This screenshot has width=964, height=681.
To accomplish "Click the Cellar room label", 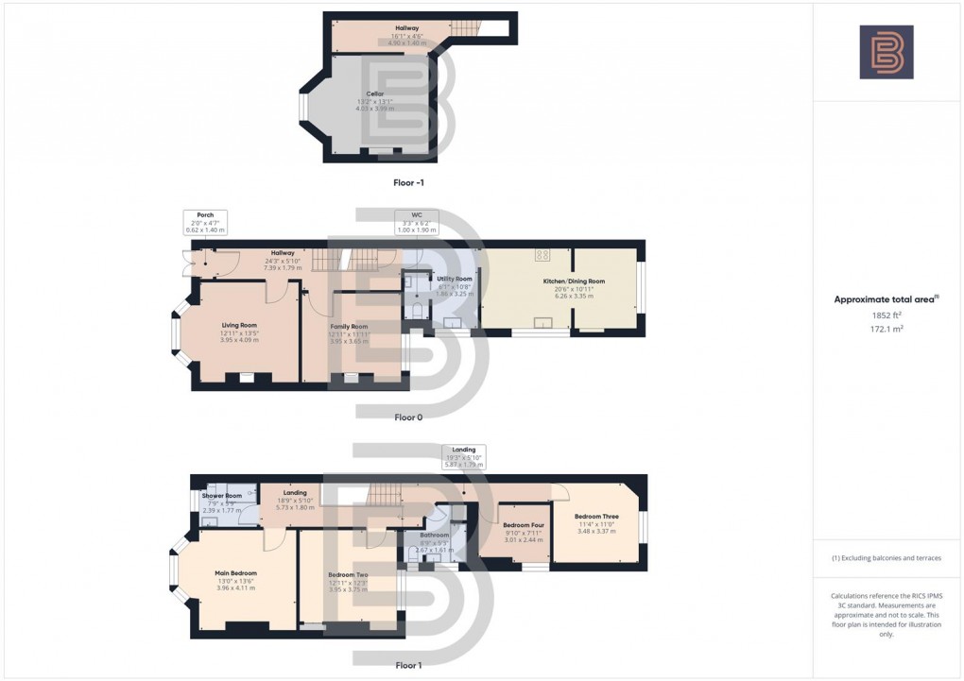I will point(375,94).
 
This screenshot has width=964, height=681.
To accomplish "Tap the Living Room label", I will point(239,325).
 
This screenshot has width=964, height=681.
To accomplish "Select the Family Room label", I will point(349,326).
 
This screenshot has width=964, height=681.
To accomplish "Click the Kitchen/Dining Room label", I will point(574,281).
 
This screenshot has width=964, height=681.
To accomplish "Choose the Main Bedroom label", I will point(236,573).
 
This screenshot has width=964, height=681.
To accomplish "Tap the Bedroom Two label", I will point(349,575).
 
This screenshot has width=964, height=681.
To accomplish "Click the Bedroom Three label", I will point(596,517).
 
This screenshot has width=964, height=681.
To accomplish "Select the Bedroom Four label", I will point(523,525).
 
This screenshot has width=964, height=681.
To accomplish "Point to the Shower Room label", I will point(222,496).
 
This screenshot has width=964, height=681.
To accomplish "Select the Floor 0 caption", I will point(408,417).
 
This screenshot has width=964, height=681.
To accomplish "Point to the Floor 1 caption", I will point(408,665).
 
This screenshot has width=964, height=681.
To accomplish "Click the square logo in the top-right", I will point(887,52).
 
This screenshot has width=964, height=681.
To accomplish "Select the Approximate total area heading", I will point(886,299).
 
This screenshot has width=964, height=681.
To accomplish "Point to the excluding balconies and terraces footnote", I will point(887,558).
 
